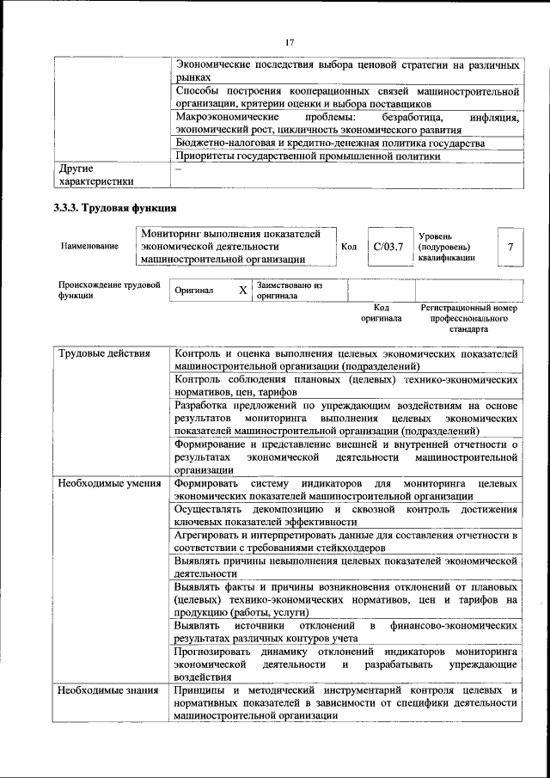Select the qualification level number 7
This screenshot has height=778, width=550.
(510, 248)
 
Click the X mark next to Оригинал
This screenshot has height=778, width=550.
(242, 291)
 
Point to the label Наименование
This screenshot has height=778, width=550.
(89, 246)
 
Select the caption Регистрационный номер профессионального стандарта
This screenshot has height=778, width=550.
(468, 317)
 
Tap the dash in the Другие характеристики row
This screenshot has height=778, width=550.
(178, 169)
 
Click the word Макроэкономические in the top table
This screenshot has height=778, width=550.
(226, 116)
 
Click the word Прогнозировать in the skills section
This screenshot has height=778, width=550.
(211, 652)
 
